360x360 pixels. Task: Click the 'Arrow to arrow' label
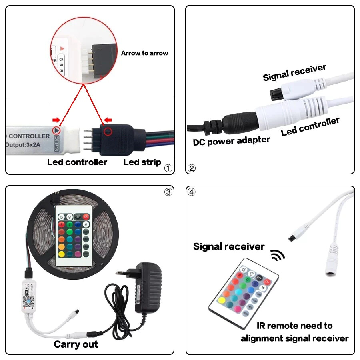pyautogui.click(x=144, y=53)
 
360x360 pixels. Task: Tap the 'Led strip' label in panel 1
pyautogui.click(x=142, y=162)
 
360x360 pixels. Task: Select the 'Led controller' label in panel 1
pyautogui.click(x=77, y=162)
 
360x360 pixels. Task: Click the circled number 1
pyautogui.click(x=168, y=168)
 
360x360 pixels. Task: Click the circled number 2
pyautogui.click(x=192, y=168)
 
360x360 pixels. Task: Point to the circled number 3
pyautogui.click(x=168, y=192)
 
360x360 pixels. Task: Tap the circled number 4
pyautogui.click(x=192, y=192)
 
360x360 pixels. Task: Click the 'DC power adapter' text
pyautogui.click(x=231, y=141)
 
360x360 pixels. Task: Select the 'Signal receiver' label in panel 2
pyautogui.click(x=294, y=72)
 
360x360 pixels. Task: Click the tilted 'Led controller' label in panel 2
pyautogui.click(x=310, y=127)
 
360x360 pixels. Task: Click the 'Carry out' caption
pyautogui.click(x=76, y=344)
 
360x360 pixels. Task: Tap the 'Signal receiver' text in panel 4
pyautogui.click(x=228, y=246)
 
